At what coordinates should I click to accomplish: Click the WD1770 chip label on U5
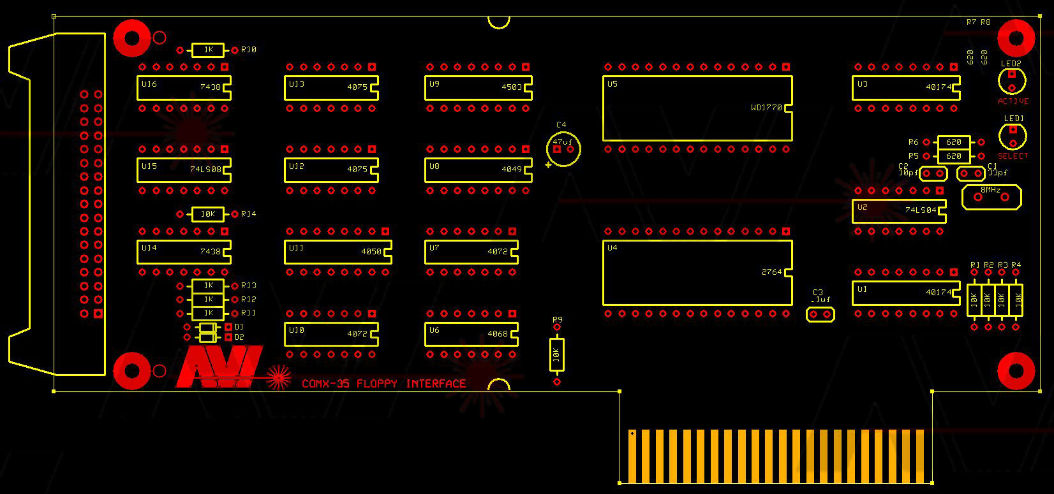click(x=766, y=108)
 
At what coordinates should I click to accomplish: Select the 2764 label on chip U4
click(x=771, y=272)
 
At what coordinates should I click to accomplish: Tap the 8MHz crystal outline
click(x=991, y=197)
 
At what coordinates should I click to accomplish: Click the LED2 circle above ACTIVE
click(x=1012, y=81)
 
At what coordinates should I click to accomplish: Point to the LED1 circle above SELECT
click(x=1013, y=136)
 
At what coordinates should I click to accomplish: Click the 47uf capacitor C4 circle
click(x=563, y=149)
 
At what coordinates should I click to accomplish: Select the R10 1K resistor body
click(x=208, y=50)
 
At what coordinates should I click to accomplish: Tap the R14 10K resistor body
click(x=208, y=214)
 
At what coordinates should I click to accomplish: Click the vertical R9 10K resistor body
click(x=556, y=354)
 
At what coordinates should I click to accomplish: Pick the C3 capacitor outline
click(x=820, y=314)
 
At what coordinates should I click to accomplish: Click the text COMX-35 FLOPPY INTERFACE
click(x=383, y=384)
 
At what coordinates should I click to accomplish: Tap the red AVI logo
click(x=219, y=367)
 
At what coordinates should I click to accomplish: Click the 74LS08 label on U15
click(x=205, y=170)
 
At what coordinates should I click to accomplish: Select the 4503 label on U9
click(x=512, y=87)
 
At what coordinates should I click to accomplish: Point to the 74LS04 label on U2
click(x=921, y=210)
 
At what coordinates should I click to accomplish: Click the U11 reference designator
click(x=296, y=248)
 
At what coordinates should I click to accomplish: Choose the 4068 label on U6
click(x=498, y=334)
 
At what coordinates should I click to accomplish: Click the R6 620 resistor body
click(x=954, y=142)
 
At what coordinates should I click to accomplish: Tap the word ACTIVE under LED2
click(x=1013, y=101)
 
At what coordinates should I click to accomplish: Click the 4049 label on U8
click(x=512, y=170)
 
